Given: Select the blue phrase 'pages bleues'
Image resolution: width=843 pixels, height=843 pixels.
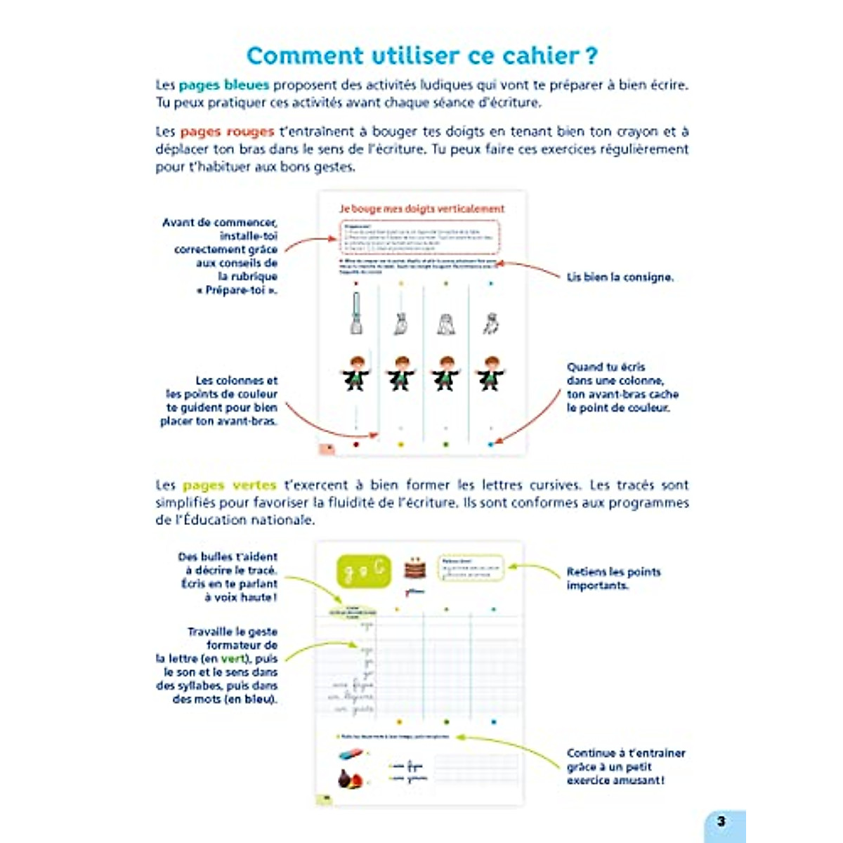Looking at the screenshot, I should click(223, 85).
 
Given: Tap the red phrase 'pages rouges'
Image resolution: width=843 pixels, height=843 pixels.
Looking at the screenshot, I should click(226, 131).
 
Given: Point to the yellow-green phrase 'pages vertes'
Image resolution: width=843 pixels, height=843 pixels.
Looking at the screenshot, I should click(229, 485).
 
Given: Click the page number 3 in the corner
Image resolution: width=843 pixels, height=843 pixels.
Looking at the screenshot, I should click(721, 821).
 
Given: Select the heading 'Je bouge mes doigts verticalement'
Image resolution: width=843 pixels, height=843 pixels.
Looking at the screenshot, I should click(421, 209).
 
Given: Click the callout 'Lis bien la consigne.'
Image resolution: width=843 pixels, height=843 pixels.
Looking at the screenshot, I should click(620, 277).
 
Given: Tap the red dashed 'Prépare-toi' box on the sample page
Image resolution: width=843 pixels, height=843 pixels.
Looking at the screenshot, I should click(420, 237).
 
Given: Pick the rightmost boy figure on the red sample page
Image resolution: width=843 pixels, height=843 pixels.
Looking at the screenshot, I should click(490, 373).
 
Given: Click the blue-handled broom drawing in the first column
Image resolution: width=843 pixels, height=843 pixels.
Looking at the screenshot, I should click(356, 313).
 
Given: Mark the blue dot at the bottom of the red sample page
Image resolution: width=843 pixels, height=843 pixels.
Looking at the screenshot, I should click(490, 445).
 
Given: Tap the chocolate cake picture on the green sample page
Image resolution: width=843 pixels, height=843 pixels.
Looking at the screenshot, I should click(414, 568).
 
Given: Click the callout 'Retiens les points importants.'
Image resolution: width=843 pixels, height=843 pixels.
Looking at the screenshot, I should click(613, 578).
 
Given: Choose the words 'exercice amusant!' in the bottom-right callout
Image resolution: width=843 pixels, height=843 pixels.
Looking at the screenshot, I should click(615, 780).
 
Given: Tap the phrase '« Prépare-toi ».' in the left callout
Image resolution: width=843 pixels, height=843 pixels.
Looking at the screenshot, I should click(237, 290).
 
